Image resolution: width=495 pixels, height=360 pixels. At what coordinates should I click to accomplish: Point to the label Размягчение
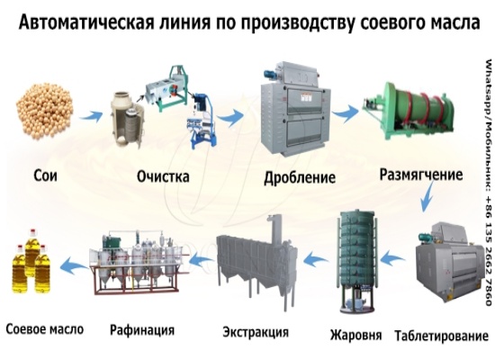[420, 172]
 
